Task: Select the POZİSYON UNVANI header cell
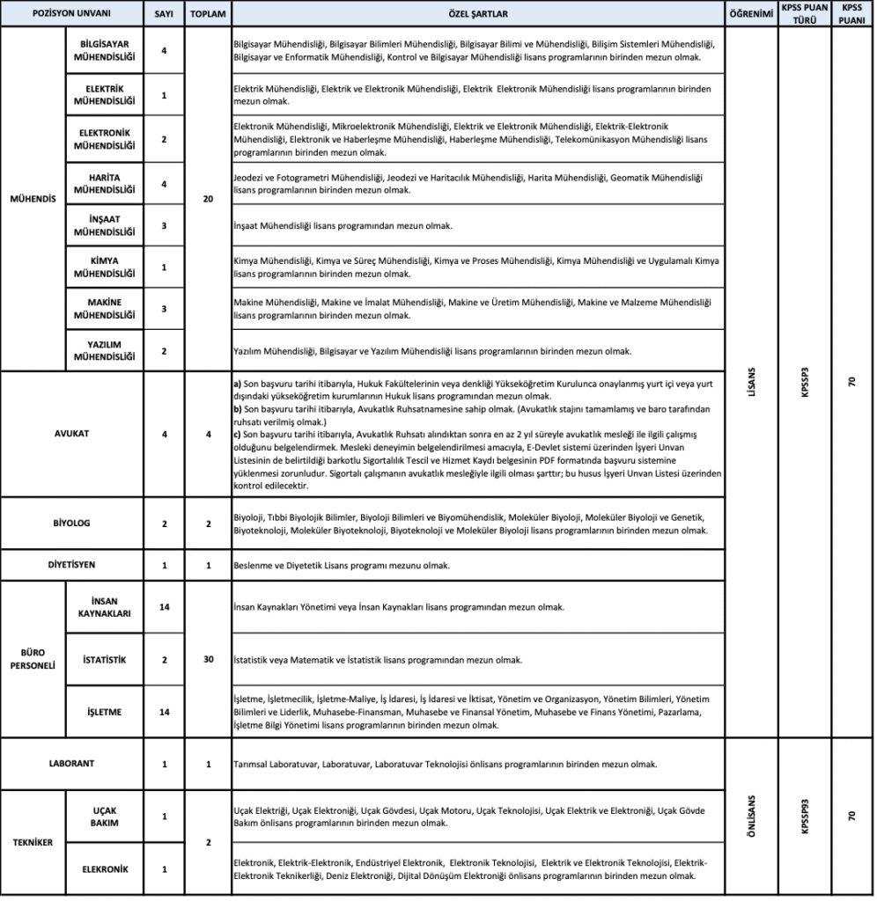[71, 15]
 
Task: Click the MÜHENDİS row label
[33, 199]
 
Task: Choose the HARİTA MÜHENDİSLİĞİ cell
[105, 183]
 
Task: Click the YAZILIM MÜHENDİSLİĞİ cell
[105, 350]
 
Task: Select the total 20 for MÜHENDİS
[208, 200]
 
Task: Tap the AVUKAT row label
[71, 434]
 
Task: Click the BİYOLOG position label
[71, 524]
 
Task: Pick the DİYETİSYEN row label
[71, 565]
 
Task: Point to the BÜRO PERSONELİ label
[33, 660]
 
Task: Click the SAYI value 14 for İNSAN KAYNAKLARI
[164, 607]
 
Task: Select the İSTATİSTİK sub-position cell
[105, 659]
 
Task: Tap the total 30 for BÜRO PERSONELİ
[208, 659]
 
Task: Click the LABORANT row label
[71, 764]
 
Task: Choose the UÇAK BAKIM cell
[105, 816]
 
